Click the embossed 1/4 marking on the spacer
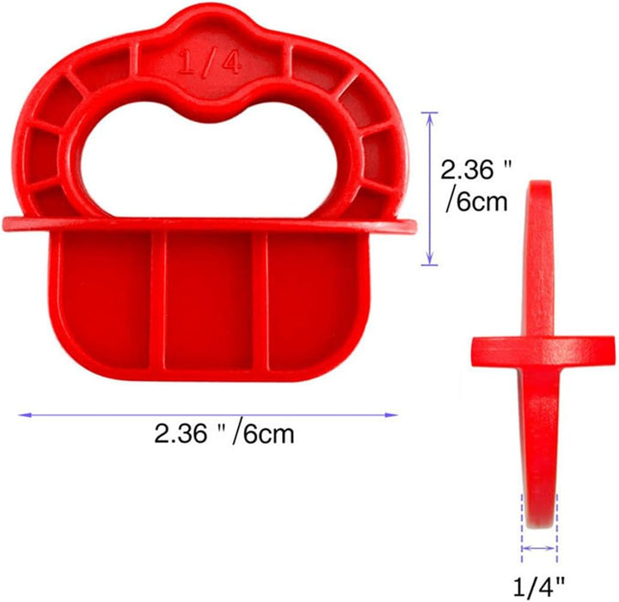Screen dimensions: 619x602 (x=209, y=63)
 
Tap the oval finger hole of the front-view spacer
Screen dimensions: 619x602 (x=209, y=162)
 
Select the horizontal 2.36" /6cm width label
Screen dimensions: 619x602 (x=224, y=433)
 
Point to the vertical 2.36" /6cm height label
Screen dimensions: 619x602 (x=475, y=186)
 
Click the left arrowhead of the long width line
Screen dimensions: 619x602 (x=24, y=415)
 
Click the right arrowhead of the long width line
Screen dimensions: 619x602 (x=392, y=415)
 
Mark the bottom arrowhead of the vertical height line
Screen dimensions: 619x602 (x=430, y=260)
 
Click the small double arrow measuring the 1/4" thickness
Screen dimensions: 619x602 (x=539, y=548)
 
